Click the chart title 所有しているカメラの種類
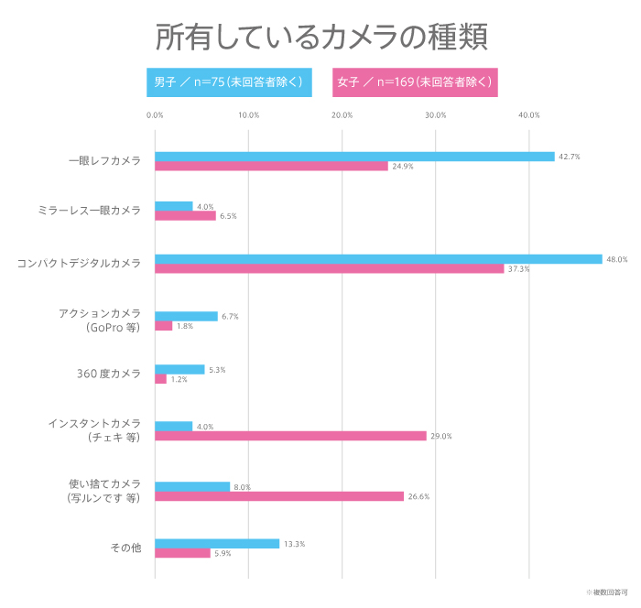click(x=320, y=37)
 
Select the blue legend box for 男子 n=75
click(x=229, y=82)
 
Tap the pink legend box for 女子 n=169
click(x=415, y=82)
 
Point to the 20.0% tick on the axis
click(x=342, y=115)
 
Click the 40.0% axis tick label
click(x=528, y=115)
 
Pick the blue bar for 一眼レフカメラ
click(x=354, y=157)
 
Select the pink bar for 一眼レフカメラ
click(x=271, y=167)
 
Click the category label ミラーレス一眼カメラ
click(x=90, y=211)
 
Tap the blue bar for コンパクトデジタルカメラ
click(x=378, y=259)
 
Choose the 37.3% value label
click(x=518, y=269)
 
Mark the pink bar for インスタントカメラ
click(x=290, y=436)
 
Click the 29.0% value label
click(x=440, y=436)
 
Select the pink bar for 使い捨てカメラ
click(x=279, y=496)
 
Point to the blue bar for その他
click(x=217, y=544)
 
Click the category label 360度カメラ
click(x=109, y=374)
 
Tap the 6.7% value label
click(x=230, y=317)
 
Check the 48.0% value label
click(x=616, y=259)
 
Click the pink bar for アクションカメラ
click(x=163, y=326)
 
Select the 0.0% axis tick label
click(x=155, y=115)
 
